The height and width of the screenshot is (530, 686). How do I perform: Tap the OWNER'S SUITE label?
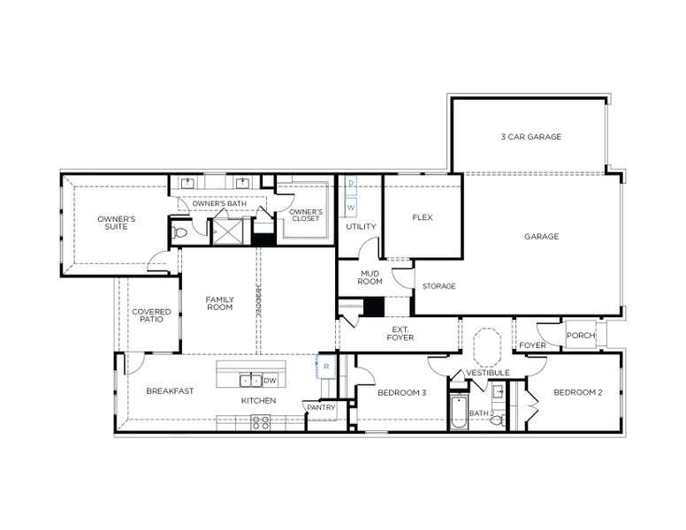point(116,223)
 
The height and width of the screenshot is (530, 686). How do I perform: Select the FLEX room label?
point(422,217)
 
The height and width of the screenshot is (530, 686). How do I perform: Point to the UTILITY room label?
point(361,227)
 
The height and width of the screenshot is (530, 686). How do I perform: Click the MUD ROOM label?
point(370,277)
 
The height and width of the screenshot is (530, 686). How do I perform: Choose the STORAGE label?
point(438,286)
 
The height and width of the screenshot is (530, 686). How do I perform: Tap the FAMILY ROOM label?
point(219,304)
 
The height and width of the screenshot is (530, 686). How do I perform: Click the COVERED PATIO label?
point(151,316)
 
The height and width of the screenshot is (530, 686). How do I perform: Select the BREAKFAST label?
point(170,391)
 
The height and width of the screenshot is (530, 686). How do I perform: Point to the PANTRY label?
point(320,407)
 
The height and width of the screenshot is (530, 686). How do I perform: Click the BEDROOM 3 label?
point(402,392)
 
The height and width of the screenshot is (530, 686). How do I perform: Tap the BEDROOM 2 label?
point(578,392)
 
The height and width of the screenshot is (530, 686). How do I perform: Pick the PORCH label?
point(581,336)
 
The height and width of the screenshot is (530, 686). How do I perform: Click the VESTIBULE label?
point(488,373)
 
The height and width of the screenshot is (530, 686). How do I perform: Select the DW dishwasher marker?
point(270,381)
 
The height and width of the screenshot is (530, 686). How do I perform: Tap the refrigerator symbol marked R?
point(325,366)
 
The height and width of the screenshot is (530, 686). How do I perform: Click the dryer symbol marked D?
point(351,184)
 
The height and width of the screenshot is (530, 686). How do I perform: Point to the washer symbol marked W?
point(351,208)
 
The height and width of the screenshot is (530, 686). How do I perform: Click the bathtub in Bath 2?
point(458,415)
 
